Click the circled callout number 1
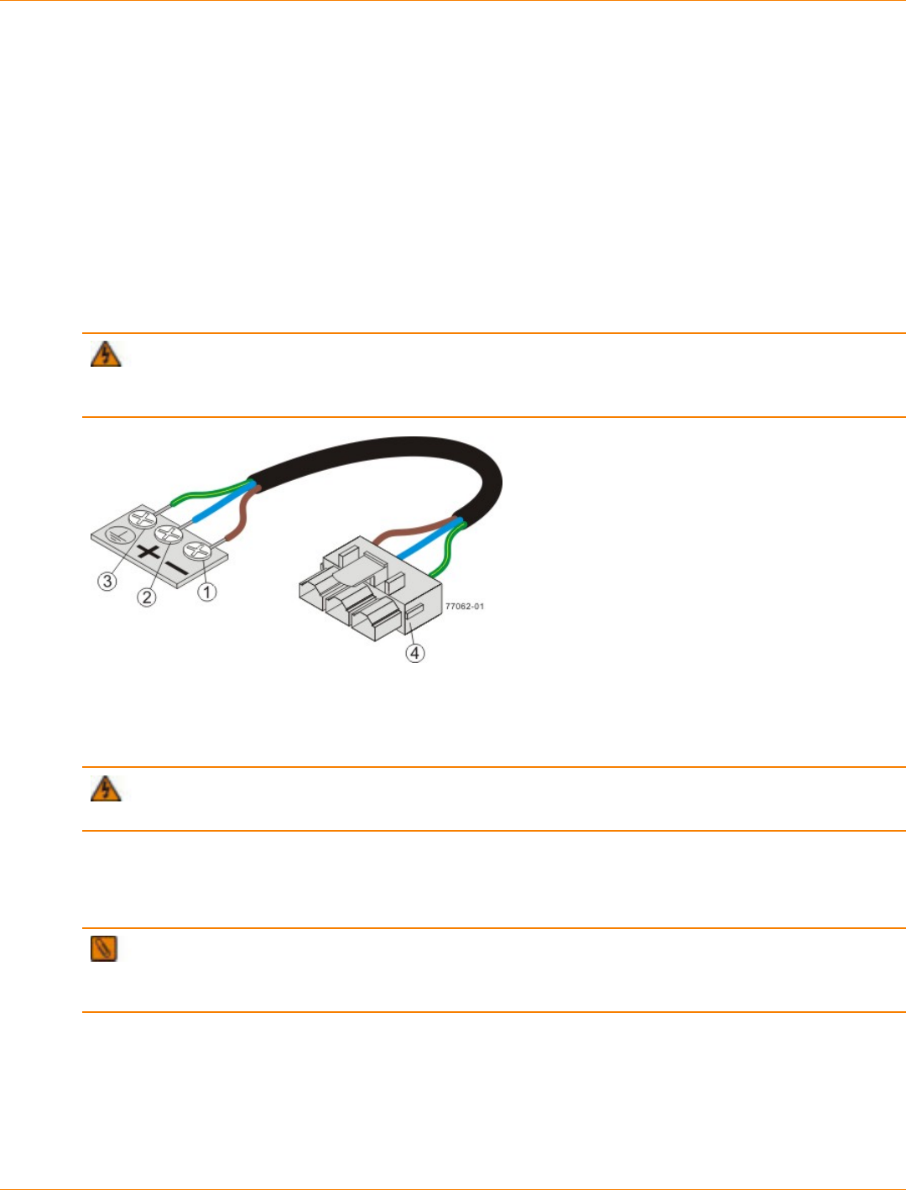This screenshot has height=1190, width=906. (x=207, y=592)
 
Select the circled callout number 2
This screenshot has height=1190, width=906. (x=148, y=598)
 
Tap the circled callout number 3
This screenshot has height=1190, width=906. (x=107, y=581)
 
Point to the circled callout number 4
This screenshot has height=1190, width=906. (x=415, y=652)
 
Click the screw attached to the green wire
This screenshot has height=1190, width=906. (x=143, y=519)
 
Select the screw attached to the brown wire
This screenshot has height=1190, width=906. (x=198, y=551)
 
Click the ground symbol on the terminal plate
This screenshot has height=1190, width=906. (x=116, y=534)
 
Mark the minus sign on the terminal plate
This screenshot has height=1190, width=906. (x=177, y=568)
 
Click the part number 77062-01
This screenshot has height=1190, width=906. (x=464, y=606)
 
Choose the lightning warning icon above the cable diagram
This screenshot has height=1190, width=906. (x=106, y=354)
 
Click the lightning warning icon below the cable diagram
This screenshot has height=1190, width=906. (x=106, y=788)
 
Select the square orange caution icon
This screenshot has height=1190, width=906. (x=104, y=948)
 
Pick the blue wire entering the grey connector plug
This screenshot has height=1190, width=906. (x=424, y=543)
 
